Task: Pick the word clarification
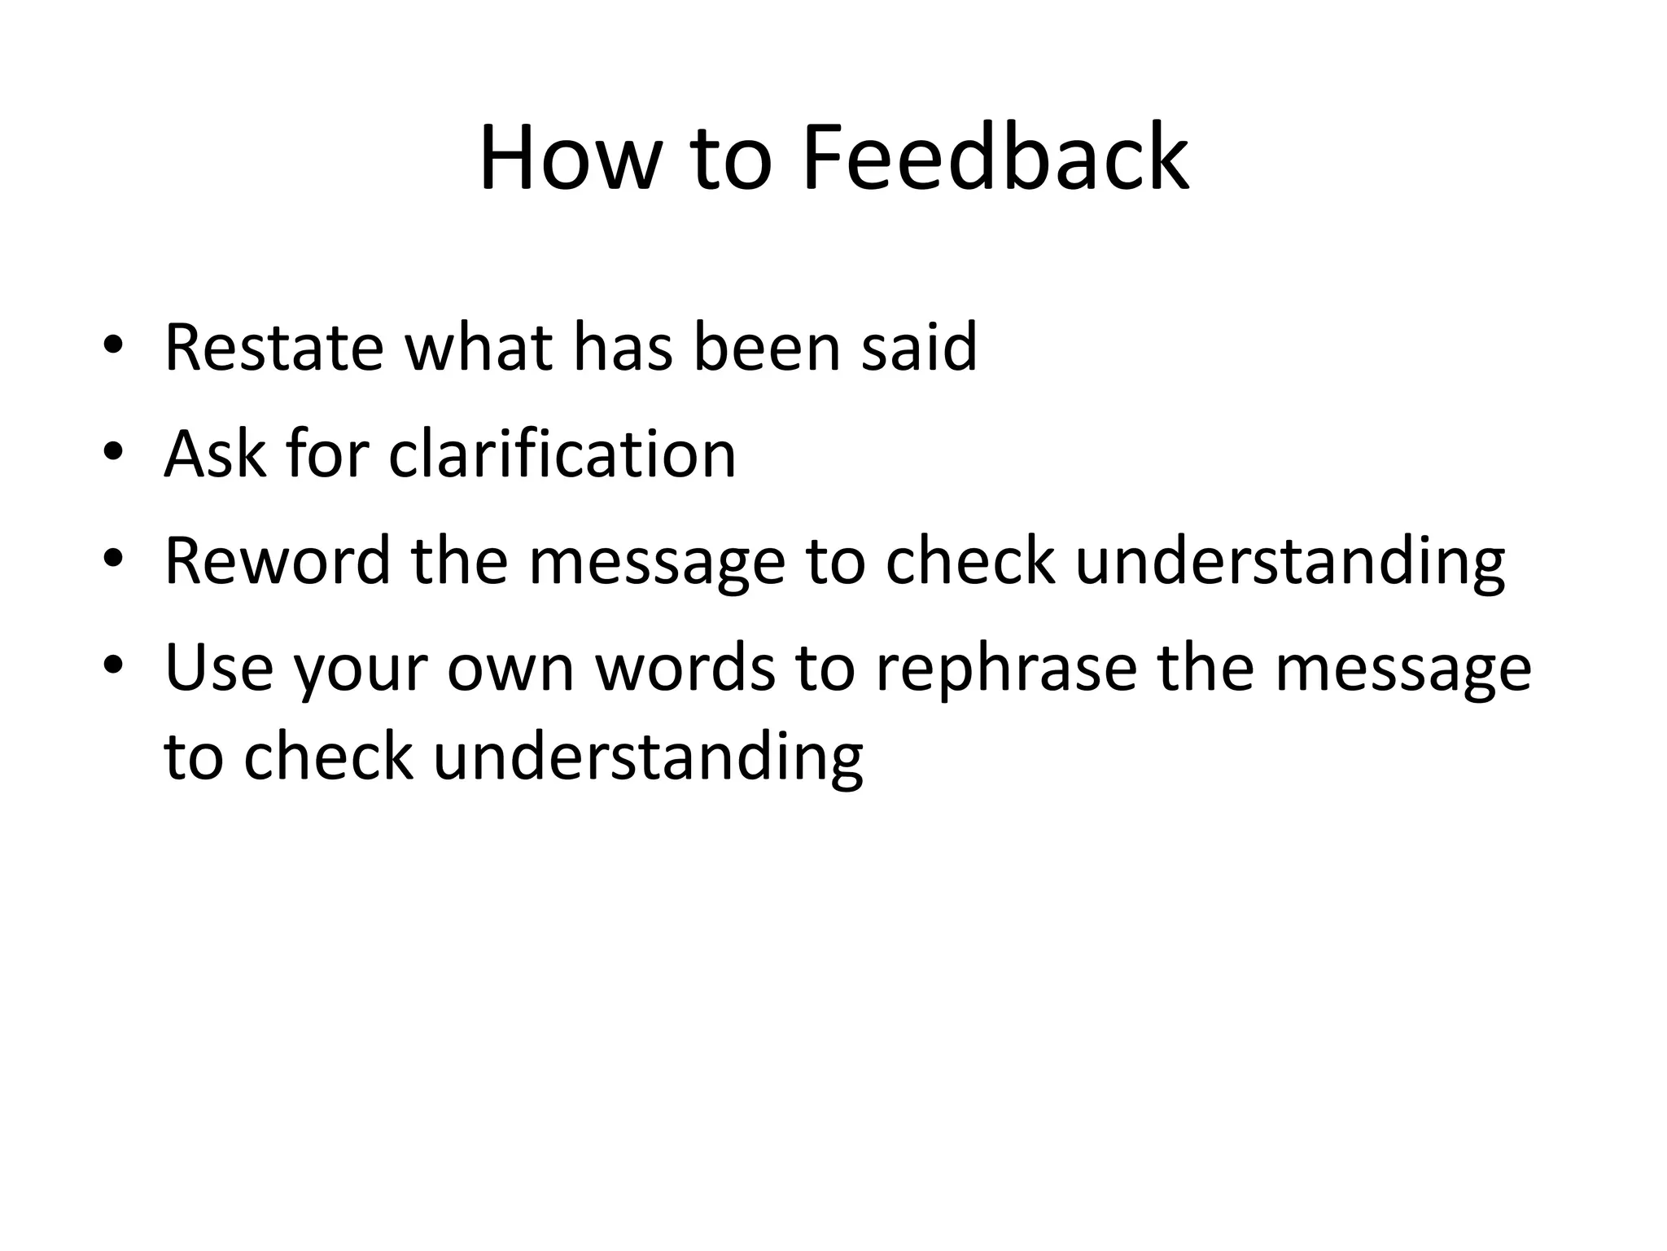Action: pos(562,454)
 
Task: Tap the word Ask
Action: pos(214,454)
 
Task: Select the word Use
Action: pos(218,668)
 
